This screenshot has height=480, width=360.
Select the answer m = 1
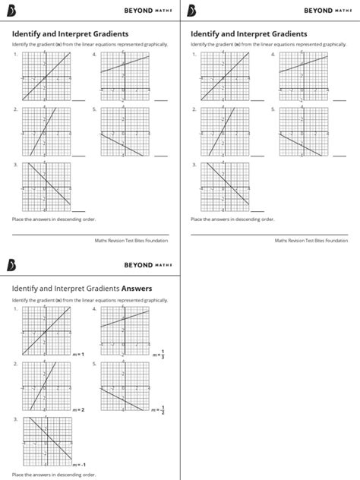[x=77, y=355]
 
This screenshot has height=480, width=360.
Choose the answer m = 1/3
[x=159, y=354]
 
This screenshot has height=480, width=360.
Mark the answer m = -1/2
[x=159, y=409]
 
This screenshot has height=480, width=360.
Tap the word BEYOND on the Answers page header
[x=137, y=265]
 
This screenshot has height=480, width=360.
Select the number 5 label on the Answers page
[x=94, y=364]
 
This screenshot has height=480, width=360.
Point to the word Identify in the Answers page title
[x=25, y=289]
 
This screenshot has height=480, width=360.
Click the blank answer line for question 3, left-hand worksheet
[x=79, y=211]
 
